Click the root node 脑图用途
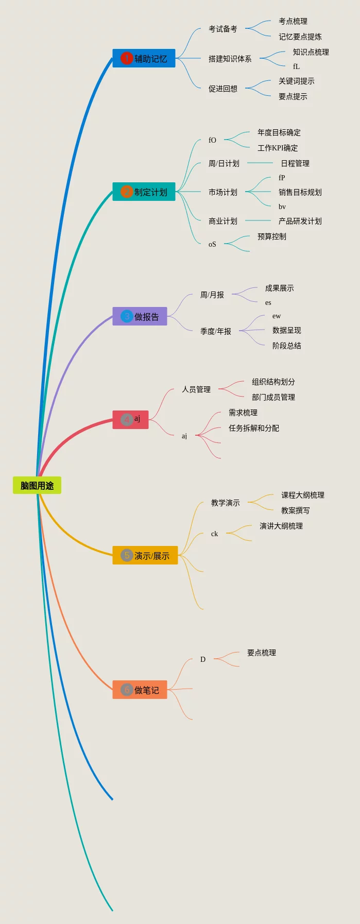click(37, 485)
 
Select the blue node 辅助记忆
click(144, 58)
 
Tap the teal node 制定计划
click(144, 192)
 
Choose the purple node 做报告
click(140, 316)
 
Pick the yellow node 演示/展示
click(145, 555)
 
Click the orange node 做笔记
click(140, 690)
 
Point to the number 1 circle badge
click(126, 58)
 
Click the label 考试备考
click(222, 29)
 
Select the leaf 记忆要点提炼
click(300, 37)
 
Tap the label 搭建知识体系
click(230, 59)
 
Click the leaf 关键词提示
click(296, 81)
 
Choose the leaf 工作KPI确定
click(277, 148)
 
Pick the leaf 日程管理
click(295, 163)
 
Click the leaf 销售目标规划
click(300, 192)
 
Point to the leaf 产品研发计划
click(300, 221)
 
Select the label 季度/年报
click(215, 331)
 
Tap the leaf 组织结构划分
click(273, 382)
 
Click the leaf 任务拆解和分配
click(253, 428)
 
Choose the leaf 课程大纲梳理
click(302, 495)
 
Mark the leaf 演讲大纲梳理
click(281, 526)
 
